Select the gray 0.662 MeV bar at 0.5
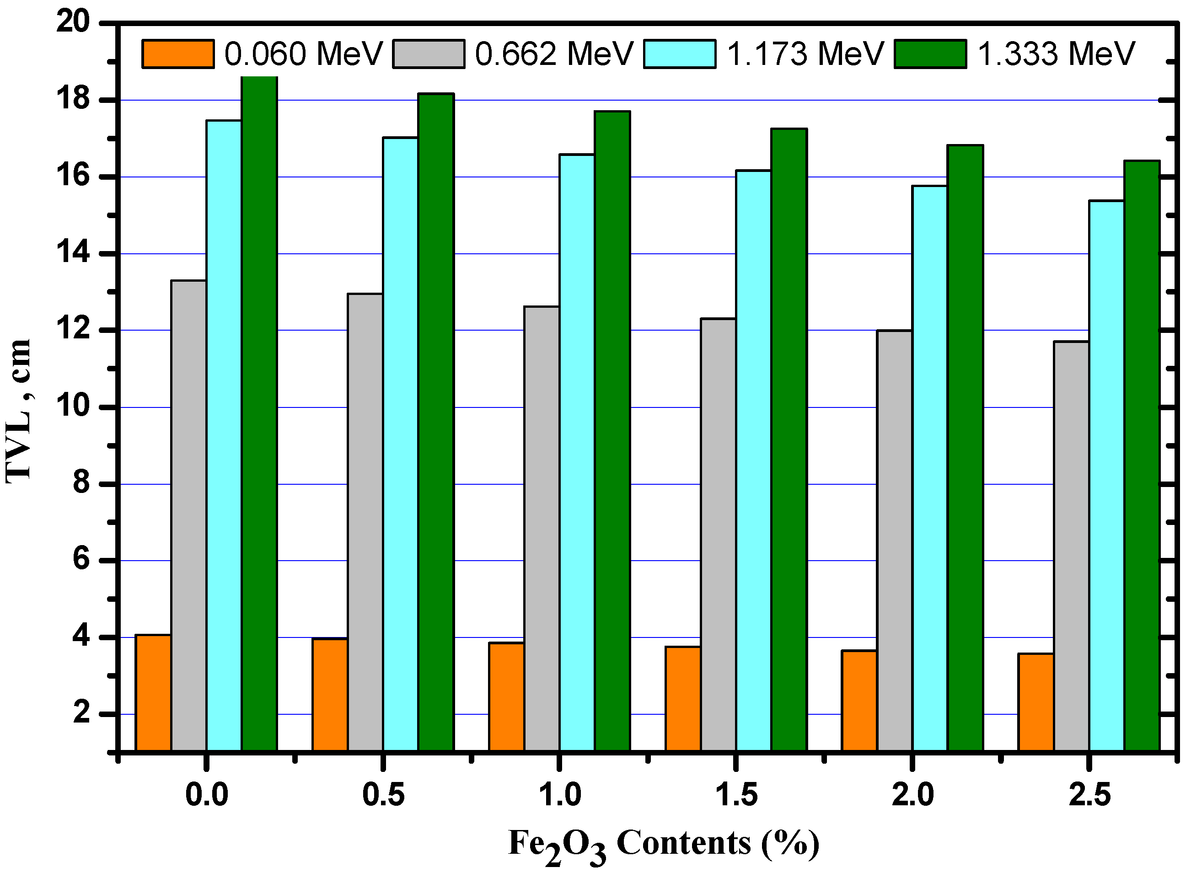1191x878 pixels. tap(365, 521)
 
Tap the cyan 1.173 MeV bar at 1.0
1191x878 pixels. tap(577, 452)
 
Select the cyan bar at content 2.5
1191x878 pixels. tap(1106, 475)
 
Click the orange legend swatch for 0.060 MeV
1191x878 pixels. tap(178, 54)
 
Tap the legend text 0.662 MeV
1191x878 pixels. tap(554, 54)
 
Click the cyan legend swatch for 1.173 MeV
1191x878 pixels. tap(679, 54)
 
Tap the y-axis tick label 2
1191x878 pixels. tap(81, 713)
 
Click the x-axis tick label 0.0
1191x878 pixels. tap(206, 795)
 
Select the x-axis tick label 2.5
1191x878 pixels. tap(1089, 795)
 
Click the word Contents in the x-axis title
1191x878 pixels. tap(683, 843)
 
